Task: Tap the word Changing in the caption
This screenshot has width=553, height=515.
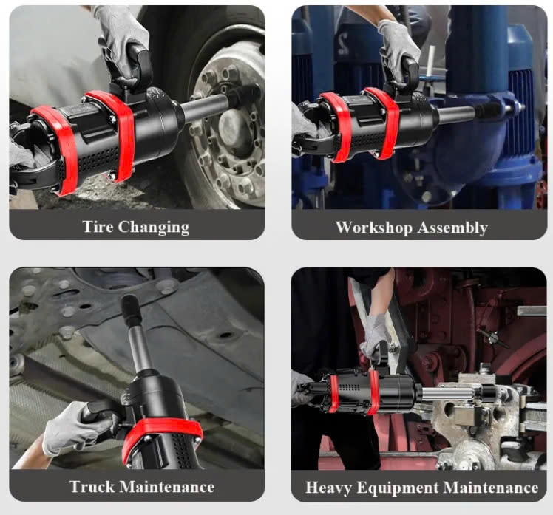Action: click(x=154, y=228)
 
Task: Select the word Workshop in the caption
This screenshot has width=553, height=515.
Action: click(x=373, y=228)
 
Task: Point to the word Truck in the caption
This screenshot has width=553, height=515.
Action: click(x=92, y=487)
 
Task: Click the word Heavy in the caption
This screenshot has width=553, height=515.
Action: click(x=328, y=488)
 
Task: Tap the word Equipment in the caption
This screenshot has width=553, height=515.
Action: click(x=397, y=488)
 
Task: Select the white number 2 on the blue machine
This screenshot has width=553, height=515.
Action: click(x=343, y=44)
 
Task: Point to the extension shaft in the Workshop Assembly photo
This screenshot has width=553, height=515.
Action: click(x=455, y=114)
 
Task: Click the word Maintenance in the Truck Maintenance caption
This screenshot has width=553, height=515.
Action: click(x=168, y=487)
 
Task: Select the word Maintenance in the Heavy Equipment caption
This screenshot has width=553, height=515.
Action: click(x=491, y=488)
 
